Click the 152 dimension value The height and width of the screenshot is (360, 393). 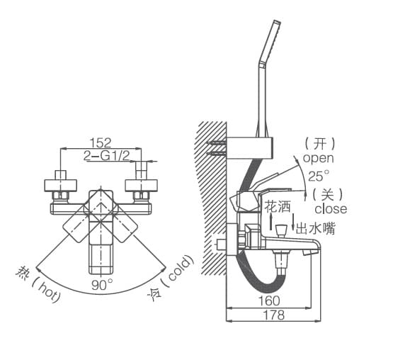[x=101, y=142]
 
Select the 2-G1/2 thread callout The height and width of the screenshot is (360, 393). [x=106, y=157]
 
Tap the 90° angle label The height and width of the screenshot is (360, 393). [x=102, y=285]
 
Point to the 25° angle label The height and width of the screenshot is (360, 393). [x=319, y=176]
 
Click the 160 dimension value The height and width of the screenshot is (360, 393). [x=268, y=300]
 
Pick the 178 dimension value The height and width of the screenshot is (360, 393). [x=274, y=315]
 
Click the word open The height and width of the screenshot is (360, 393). [x=319, y=158]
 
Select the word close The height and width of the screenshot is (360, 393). [x=331, y=209]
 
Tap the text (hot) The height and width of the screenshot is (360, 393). [x=46, y=291]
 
